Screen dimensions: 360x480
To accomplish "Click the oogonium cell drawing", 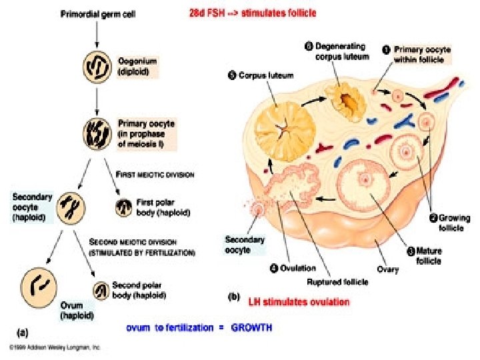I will coord(97,69).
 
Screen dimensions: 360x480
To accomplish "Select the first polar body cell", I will coord(124,207).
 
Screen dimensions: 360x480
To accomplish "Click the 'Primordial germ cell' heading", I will coord(97,15).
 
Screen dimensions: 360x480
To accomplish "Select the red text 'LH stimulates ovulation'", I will coord(299,302).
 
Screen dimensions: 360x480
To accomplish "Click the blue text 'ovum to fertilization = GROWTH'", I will coord(199,327).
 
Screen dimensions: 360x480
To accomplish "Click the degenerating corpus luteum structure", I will coord(347,101).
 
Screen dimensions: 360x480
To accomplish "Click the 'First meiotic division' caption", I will coord(156,175).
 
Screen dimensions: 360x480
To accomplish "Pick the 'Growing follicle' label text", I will coord(453,223).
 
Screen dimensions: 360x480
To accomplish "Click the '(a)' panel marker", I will coord(22,329).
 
